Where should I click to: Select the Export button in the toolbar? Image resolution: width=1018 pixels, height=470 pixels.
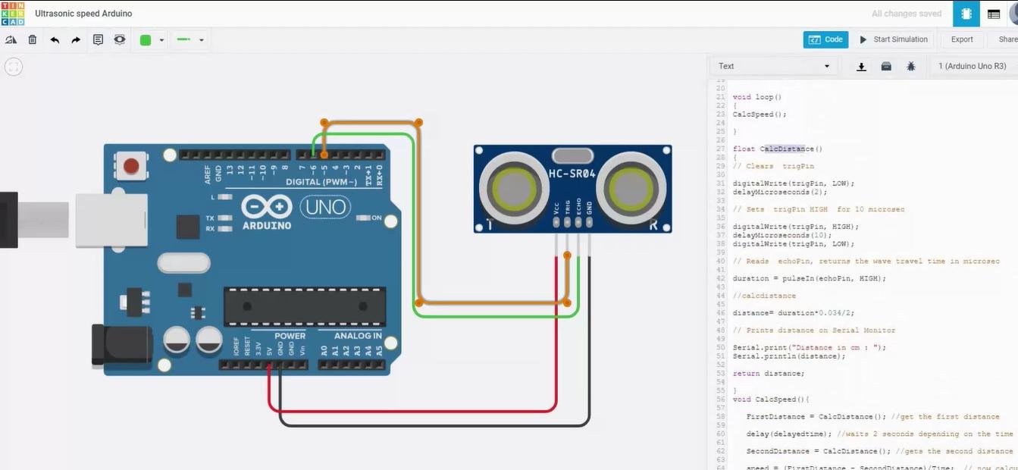[962, 39]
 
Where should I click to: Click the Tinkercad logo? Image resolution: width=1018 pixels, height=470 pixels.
[12, 13]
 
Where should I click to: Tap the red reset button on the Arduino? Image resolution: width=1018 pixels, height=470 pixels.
[132, 165]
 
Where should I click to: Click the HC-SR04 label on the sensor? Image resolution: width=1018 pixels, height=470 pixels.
[572, 174]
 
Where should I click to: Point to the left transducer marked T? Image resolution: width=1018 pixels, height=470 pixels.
[510, 186]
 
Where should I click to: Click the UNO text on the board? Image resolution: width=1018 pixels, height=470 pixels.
[325, 206]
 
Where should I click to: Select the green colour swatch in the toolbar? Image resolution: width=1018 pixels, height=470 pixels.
[146, 40]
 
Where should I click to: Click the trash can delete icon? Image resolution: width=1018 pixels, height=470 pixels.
[33, 40]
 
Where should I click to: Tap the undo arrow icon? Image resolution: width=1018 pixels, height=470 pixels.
[55, 40]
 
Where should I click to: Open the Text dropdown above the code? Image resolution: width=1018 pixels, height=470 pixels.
[773, 66]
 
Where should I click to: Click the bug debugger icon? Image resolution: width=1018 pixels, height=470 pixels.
[910, 67]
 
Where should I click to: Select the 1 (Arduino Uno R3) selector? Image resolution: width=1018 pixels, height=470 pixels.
[972, 66]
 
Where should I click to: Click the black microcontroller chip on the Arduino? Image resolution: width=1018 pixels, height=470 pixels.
[304, 306]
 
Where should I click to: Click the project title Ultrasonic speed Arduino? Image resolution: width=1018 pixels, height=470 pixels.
[83, 14]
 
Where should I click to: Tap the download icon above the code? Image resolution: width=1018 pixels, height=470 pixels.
[861, 67]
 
